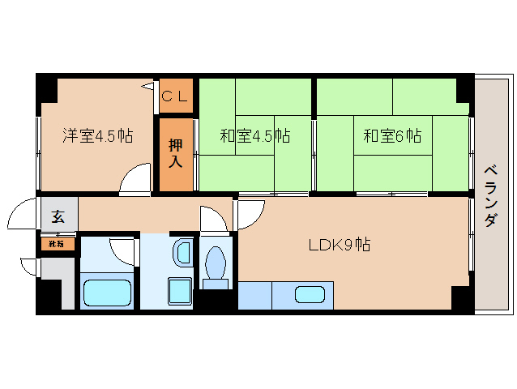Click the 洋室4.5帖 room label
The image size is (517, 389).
pyautogui.click(x=98, y=135)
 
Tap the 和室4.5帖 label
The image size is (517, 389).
pyautogui.click(x=254, y=135)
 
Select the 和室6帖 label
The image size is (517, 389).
pyautogui.click(x=392, y=135)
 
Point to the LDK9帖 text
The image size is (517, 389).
pyautogui.click(x=338, y=244)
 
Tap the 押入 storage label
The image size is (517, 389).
pyautogui.click(x=176, y=153)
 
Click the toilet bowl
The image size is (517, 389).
pyautogui.click(x=216, y=264)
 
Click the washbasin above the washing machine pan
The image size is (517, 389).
pyautogui.click(x=182, y=253)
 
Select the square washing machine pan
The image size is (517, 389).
pyautogui.click(x=178, y=290)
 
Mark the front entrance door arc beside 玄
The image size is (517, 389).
pyautogui.click(x=23, y=217)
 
